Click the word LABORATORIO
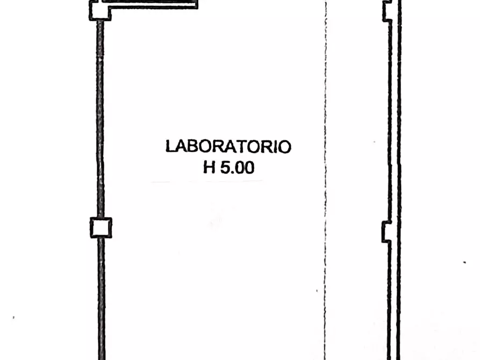[x=228, y=147]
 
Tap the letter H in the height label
[x=209, y=168]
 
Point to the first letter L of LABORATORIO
[x=170, y=147]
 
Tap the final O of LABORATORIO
[x=284, y=147]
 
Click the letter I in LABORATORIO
[x=274, y=147]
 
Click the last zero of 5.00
[x=248, y=168]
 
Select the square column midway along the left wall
[x=101, y=227]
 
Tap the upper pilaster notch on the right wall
[x=386, y=11]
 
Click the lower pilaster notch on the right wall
[x=386, y=232]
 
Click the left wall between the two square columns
[x=99, y=118]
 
